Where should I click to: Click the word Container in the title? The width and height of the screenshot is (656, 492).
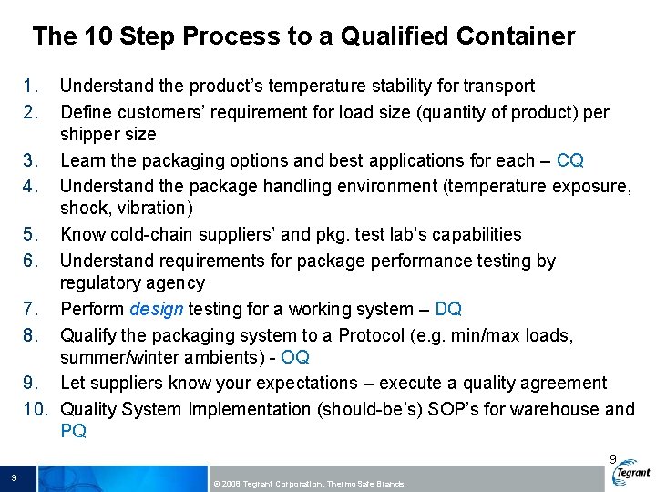(x=517, y=36)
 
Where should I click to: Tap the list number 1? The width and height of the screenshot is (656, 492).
(x=31, y=87)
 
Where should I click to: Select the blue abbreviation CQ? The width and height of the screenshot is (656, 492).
(x=569, y=160)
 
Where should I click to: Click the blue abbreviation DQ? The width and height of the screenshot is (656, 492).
(x=449, y=309)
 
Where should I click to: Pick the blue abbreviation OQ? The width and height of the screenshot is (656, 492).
(x=295, y=357)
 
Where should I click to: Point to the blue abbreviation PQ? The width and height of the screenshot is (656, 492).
(x=74, y=431)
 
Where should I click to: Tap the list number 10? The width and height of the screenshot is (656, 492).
(x=35, y=409)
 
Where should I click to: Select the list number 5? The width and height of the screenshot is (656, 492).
(x=31, y=234)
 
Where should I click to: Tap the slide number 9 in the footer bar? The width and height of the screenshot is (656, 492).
(x=15, y=478)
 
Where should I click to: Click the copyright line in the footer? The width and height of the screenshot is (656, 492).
(x=308, y=483)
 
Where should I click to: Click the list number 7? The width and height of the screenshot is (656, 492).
(x=31, y=309)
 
